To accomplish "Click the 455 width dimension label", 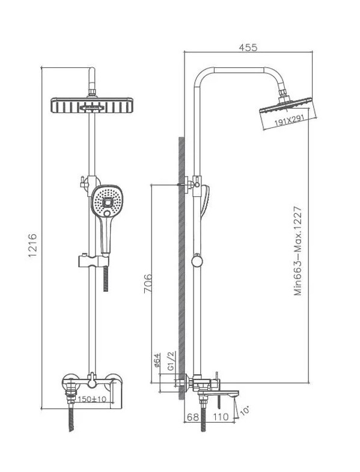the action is (248, 47).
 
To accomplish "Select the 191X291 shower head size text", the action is (289, 121).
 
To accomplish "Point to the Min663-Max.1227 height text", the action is (297, 251).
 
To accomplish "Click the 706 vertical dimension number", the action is (148, 283).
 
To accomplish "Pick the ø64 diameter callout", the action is (157, 360).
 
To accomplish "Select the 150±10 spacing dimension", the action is (92, 399).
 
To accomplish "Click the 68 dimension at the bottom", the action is (193, 417).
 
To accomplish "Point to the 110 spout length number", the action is (221, 417).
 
